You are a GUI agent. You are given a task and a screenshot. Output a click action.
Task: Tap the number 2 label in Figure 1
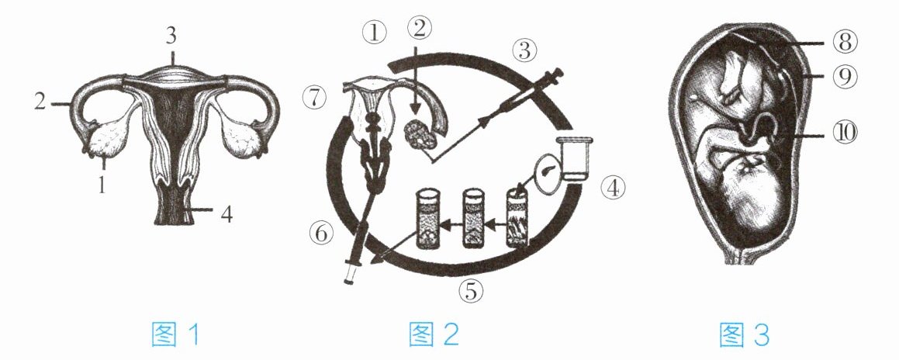pos(40,102)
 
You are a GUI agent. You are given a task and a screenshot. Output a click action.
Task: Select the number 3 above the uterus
pos(171,36)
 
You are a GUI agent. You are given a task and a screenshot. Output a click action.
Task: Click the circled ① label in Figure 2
pos(375,33)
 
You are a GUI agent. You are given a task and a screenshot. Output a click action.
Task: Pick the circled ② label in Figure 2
pos(419,27)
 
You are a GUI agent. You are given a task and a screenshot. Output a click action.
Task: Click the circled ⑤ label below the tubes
pos(470,292)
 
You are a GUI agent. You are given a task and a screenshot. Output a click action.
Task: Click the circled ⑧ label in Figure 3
pos(846,41)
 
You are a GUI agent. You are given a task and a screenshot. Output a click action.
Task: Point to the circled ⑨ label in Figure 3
pos(846,78)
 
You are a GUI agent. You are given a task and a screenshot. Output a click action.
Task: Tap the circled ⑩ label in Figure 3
pos(846,133)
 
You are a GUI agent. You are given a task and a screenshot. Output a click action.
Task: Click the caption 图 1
pos(175,334)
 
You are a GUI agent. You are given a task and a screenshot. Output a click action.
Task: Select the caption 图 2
pos(434,334)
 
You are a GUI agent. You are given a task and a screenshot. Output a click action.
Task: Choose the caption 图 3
pos(745,334)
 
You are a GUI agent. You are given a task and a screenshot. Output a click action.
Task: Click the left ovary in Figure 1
pos(108,140)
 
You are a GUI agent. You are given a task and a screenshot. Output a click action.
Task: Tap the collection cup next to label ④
pos(577,159)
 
